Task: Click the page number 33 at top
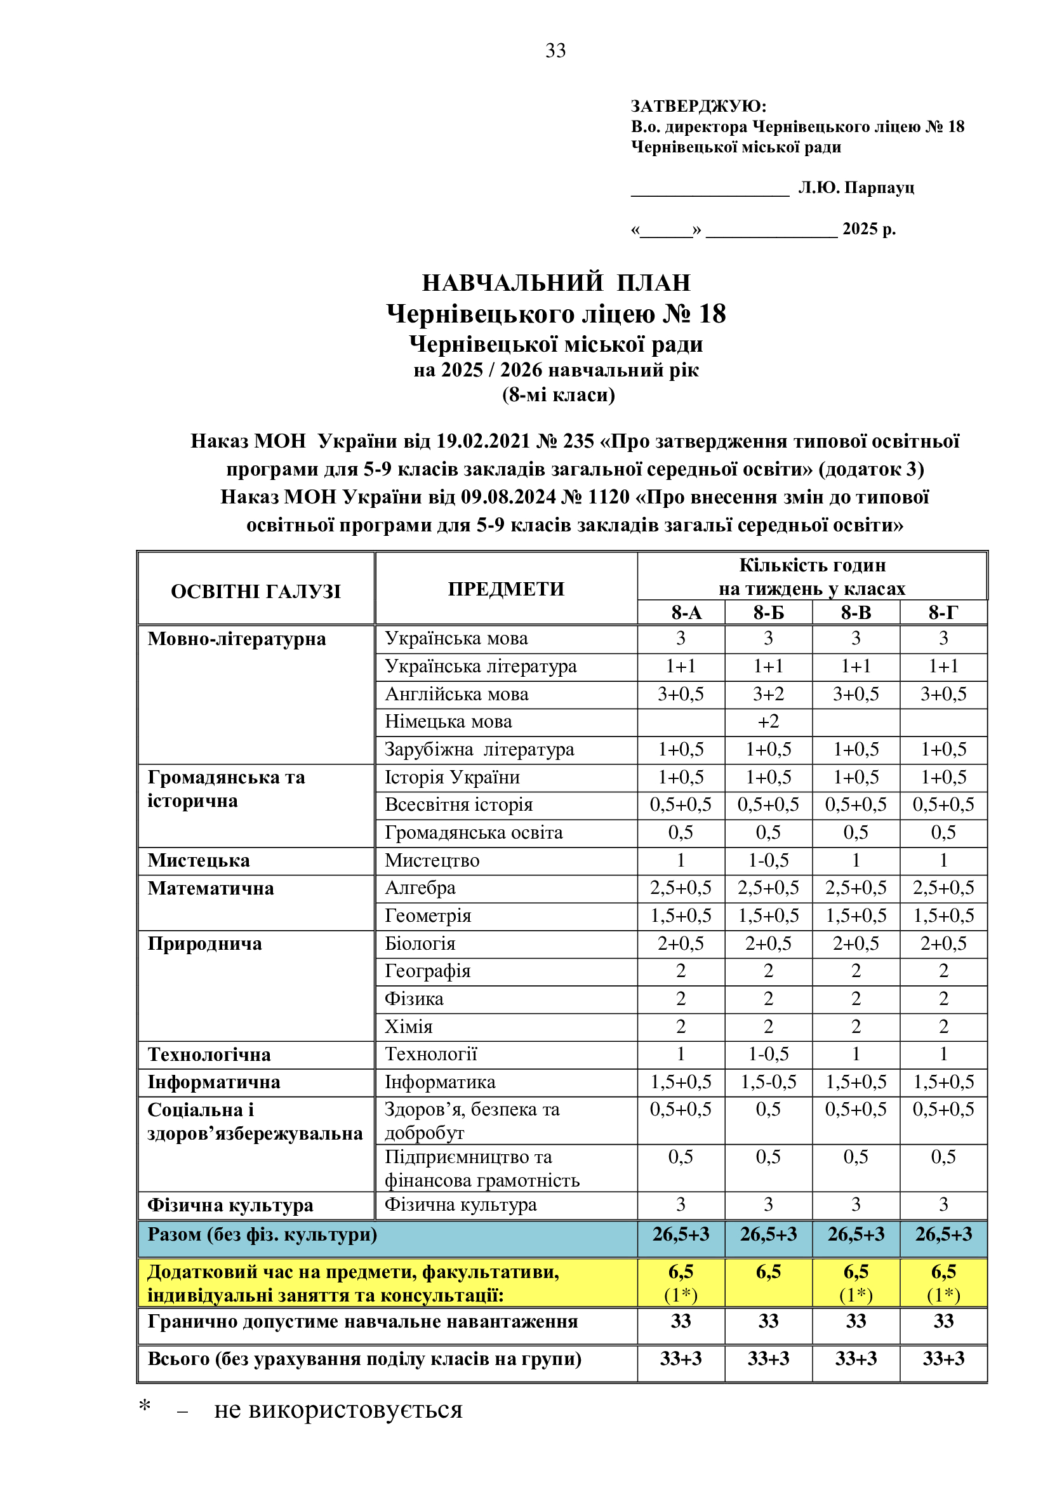[x=555, y=50]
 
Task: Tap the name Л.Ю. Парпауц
[x=856, y=187]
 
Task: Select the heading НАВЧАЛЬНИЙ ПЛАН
[x=556, y=283]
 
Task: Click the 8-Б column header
[x=768, y=613]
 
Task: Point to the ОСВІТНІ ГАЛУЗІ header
[x=255, y=591]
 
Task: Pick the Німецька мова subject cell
[x=448, y=722]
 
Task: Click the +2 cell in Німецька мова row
[x=768, y=722]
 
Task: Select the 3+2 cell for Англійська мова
[x=768, y=694]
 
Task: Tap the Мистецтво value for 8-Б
[x=768, y=860]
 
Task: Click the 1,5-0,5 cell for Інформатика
[x=768, y=1082]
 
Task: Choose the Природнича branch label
[x=204, y=943]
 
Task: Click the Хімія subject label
[x=409, y=1027]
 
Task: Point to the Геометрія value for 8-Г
[x=943, y=916]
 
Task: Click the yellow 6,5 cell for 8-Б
[x=768, y=1272]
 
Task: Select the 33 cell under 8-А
[x=681, y=1321]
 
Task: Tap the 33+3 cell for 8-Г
[x=943, y=1359]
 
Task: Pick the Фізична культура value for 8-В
[x=856, y=1205]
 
